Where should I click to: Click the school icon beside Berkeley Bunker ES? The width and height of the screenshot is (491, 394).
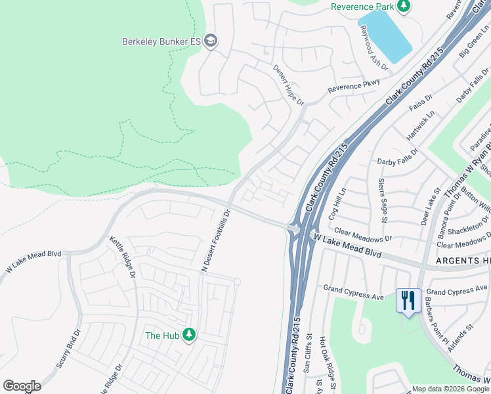(x=211, y=41)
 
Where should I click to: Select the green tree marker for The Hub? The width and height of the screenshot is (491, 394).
(x=189, y=336)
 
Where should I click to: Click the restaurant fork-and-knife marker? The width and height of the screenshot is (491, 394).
(x=408, y=301)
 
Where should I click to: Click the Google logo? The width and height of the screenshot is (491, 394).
(x=22, y=386)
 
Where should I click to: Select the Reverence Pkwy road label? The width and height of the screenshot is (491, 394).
(x=354, y=87)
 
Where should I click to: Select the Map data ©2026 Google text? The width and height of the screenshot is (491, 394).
(x=450, y=389)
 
